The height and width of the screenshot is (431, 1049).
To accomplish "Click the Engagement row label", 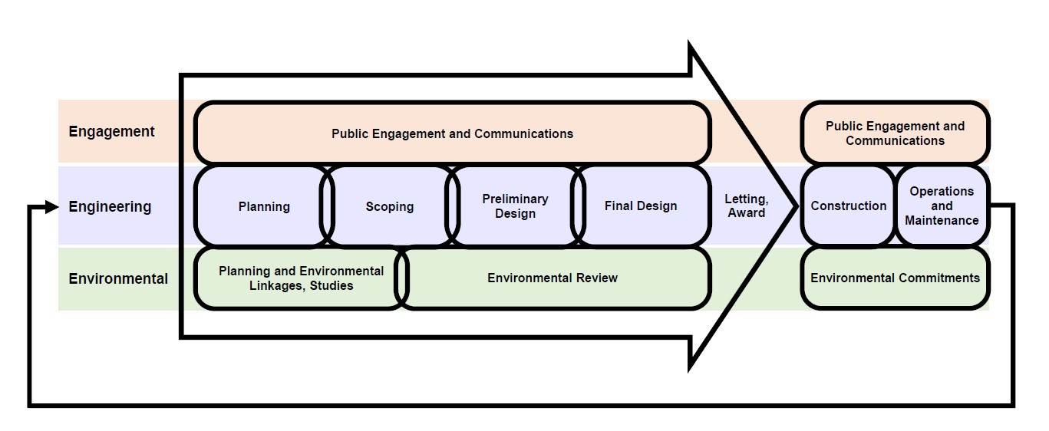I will pyautogui.click(x=111, y=132).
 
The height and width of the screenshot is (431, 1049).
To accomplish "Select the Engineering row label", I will pyautogui.click(x=110, y=206).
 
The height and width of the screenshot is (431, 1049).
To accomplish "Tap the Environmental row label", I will pyautogui.click(x=118, y=278).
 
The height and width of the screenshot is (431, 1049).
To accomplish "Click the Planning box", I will pyautogui.click(x=263, y=206).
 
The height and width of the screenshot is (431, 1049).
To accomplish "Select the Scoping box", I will pyautogui.click(x=389, y=206).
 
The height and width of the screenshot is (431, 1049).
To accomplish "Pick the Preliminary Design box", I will pyautogui.click(x=515, y=206).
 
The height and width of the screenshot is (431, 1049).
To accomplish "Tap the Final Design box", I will pyautogui.click(x=641, y=206).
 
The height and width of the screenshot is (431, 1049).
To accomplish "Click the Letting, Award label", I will pyautogui.click(x=746, y=206).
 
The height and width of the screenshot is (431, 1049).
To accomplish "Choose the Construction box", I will pyautogui.click(x=848, y=206).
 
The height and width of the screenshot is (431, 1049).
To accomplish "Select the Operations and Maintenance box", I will pyautogui.click(x=942, y=206).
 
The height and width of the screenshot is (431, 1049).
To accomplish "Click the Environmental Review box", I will pyautogui.click(x=553, y=278).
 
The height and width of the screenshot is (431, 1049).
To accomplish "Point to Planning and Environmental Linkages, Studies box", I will pyautogui.click(x=301, y=278).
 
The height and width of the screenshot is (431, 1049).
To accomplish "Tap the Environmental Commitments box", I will pyautogui.click(x=895, y=278).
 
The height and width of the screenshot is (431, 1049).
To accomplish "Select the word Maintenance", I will pyautogui.click(x=942, y=221).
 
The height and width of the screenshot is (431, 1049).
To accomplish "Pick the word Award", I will pyautogui.click(x=746, y=213).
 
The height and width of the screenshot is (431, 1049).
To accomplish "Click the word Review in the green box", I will pyautogui.click(x=597, y=278).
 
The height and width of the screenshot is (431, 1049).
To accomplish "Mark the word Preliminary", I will pyautogui.click(x=515, y=199).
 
